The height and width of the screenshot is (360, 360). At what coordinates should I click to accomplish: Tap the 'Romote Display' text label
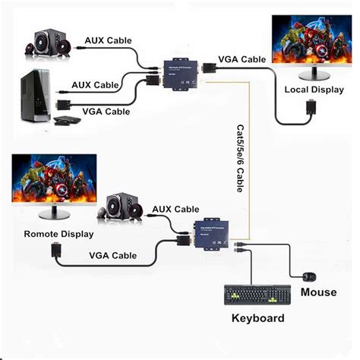click(58, 234)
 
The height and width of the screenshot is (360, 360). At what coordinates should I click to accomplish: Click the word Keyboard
click(259, 317)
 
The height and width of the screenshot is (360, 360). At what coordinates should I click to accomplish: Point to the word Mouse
click(318, 292)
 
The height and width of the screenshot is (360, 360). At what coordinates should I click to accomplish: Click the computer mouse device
click(308, 275)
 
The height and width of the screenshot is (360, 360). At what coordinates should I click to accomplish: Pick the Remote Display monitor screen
click(54, 179)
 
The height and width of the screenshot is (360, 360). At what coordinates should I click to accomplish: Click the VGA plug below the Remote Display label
click(55, 250)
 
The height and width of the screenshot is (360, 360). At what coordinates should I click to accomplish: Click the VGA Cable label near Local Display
click(242, 58)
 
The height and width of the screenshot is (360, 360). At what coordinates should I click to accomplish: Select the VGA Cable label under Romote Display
click(113, 256)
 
